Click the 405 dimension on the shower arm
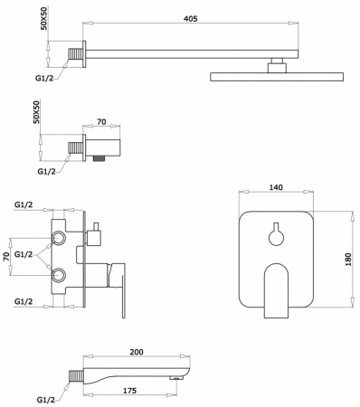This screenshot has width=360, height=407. coord(191,18)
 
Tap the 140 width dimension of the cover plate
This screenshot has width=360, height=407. coord(276,187)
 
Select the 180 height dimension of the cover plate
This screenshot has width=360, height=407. coord(347,260)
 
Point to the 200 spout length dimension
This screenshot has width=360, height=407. coord(137,352)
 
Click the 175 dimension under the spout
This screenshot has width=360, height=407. coord(129,391)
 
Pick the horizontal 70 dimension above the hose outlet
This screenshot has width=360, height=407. coord(101,121)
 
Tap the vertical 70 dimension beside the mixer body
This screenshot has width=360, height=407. coord(5,257)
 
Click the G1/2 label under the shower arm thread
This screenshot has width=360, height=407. coord(44,78)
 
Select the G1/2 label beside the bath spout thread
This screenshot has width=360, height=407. coord(46,400)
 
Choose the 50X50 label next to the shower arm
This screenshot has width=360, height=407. coord(44,20)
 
